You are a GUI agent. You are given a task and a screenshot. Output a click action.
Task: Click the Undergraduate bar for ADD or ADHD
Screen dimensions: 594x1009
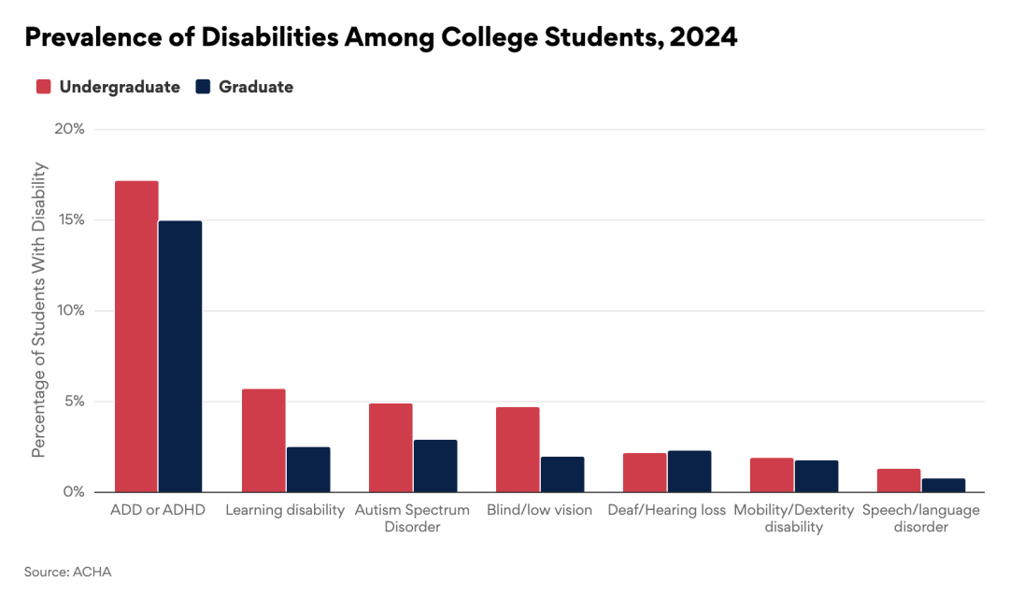pos(136,336)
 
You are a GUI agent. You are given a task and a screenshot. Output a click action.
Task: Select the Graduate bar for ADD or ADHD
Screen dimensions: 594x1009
pos(180,356)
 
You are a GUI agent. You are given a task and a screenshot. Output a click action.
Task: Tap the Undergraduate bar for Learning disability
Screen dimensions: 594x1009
pos(263,440)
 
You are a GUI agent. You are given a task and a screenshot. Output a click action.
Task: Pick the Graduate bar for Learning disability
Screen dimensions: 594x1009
pos(308,469)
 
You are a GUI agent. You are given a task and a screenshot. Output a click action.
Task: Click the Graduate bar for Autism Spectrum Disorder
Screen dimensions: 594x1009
pos(435,465)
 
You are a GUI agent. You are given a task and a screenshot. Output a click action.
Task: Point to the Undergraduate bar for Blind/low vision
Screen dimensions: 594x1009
pos(518,449)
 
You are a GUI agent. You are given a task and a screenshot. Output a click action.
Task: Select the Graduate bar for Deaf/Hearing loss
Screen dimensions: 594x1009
pos(689,471)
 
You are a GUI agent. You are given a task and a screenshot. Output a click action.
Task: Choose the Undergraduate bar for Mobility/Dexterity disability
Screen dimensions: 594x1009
pos(772,474)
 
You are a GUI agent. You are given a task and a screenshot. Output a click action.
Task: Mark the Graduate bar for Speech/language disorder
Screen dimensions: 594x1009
pos(944,485)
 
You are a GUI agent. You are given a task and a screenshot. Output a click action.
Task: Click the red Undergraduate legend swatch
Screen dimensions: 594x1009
pos(43,87)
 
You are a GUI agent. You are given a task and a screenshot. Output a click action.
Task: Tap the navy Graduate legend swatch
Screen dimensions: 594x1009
pos(203,87)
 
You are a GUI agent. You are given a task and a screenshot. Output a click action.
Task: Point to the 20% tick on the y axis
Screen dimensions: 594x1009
pos(69,129)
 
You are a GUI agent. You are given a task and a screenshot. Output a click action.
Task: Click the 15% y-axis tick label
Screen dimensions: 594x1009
pos(69,219)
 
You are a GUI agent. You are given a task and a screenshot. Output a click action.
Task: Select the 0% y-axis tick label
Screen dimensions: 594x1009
pos(73,492)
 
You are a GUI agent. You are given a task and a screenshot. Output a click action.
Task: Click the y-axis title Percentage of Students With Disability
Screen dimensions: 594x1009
pos(39,310)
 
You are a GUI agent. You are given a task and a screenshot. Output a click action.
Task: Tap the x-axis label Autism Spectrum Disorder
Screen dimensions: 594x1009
pos(412,518)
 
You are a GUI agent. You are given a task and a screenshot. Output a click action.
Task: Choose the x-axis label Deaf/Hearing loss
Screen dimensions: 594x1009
pos(666,511)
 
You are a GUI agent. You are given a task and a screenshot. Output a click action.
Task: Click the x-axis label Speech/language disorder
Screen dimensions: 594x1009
pos(920,518)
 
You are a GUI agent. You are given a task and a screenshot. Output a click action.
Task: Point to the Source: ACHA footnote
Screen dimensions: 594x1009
pos(67,572)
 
